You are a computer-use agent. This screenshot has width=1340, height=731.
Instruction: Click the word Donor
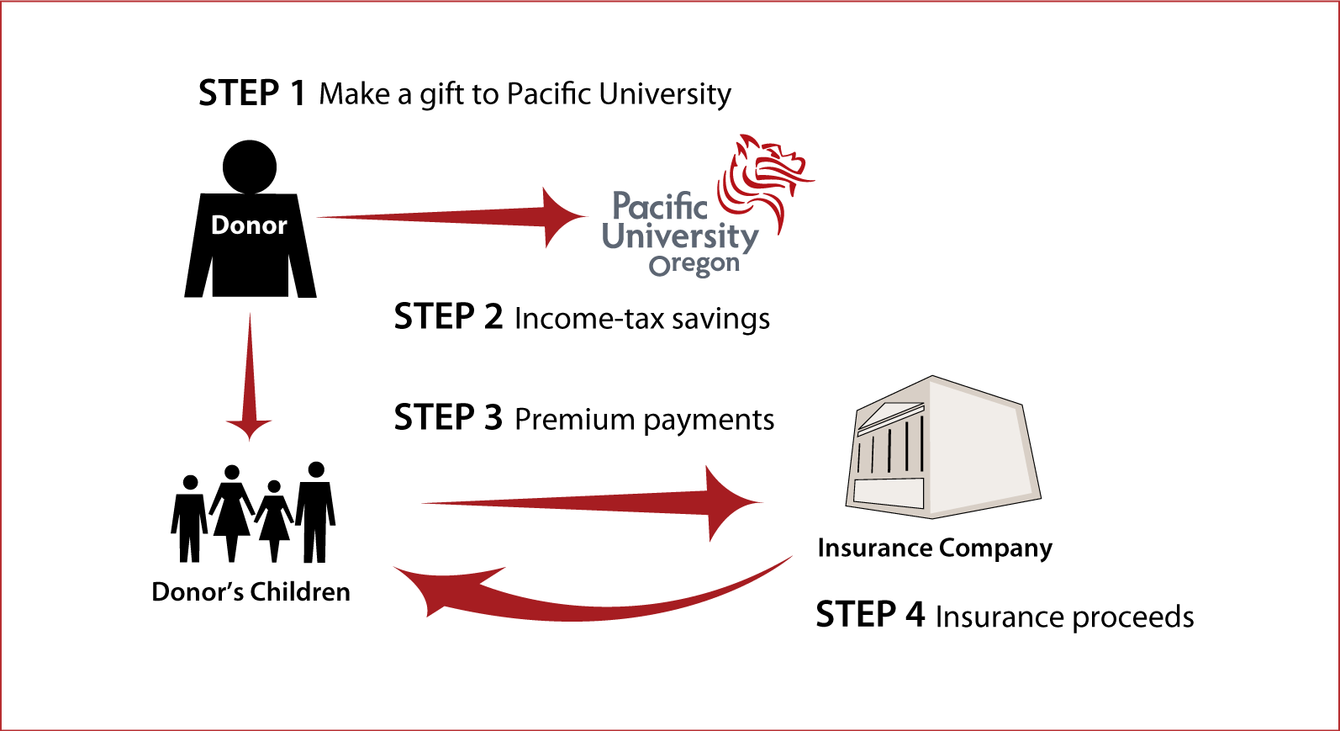[x=249, y=225]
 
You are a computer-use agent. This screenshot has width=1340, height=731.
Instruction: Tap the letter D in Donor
[x=220, y=225]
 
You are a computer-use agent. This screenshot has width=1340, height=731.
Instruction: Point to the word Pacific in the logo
[x=660, y=207]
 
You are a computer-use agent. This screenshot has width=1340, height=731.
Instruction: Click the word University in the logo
[x=680, y=237]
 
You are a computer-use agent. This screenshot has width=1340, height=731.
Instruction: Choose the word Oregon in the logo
[x=694, y=265]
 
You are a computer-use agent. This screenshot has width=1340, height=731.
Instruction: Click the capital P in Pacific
[x=623, y=207]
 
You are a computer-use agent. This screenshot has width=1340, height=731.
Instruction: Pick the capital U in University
[x=615, y=236]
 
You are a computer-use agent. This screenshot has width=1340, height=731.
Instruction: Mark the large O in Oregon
[x=660, y=267]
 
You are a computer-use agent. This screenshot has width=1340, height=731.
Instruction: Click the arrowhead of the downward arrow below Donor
[x=249, y=426]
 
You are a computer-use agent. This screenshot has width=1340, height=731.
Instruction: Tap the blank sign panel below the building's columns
[x=889, y=492]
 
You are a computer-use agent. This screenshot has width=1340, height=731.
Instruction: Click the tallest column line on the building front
[x=922, y=443]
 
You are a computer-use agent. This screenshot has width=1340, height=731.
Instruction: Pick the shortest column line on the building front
[x=859, y=457]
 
